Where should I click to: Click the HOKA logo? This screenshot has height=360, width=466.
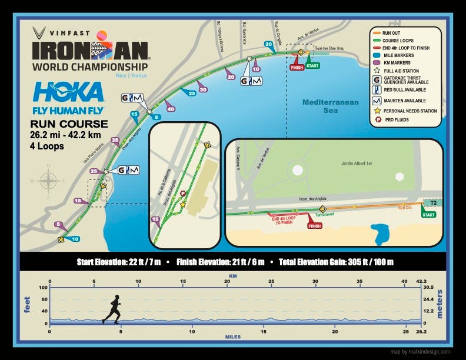69,92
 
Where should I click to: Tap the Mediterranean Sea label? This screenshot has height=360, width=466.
330,106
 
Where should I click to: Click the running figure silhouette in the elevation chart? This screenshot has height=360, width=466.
112,309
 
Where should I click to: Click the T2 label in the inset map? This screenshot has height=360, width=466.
434,202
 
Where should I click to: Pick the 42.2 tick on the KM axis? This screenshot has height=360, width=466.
420,281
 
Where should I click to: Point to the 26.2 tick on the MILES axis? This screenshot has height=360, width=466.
420,332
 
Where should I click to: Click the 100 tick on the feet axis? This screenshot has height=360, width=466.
43,288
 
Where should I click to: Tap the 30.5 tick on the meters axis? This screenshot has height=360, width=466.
429,288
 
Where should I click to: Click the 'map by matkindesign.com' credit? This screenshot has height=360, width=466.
421,352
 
